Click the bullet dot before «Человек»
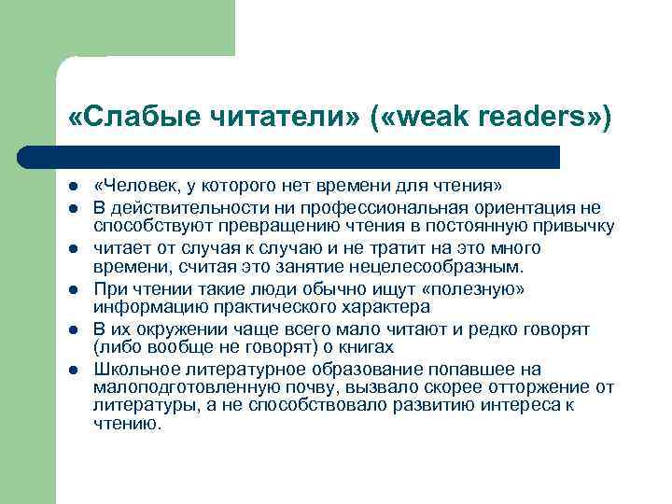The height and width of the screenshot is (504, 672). [73, 187]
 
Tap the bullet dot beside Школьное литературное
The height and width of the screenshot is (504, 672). [73, 371]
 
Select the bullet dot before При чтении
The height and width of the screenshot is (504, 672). [73, 289]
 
